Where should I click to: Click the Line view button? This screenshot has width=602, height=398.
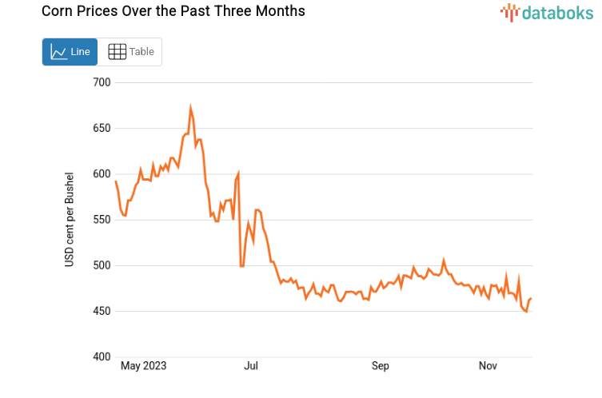pyautogui.click(x=70, y=52)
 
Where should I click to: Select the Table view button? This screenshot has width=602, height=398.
pyautogui.click(x=130, y=52)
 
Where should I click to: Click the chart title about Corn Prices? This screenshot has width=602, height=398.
pyautogui.click(x=173, y=12)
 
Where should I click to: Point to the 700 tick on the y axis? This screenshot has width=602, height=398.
pyautogui.click(x=101, y=82)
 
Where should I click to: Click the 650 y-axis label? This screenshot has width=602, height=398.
pyautogui.click(x=101, y=128)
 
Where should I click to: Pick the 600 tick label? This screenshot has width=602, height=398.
pyautogui.click(x=101, y=174)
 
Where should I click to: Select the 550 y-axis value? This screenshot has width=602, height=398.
pyautogui.click(x=101, y=220)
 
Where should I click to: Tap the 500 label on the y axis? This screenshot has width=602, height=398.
pyautogui.click(x=101, y=265)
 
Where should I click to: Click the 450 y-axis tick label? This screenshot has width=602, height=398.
pyautogui.click(x=101, y=311)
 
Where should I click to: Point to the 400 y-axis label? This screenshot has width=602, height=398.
pyautogui.click(x=101, y=357)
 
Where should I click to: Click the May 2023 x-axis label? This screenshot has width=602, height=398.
pyautogui.click(x=143, y=366)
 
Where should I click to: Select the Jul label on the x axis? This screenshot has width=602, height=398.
pyautogui.click(x=251, y=366)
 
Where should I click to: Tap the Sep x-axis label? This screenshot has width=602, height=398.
pyautogui.click(x=381, y=366)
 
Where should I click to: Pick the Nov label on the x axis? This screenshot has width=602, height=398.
pyautogui.click(x=488, y=366)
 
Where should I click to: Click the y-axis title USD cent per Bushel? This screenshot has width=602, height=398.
pyautogui.click(x=70, y=219)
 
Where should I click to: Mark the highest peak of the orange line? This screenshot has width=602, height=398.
pyautogui.click(x=190, y=107)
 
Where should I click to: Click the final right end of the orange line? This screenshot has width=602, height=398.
pyautogui.click(x=531, y=299)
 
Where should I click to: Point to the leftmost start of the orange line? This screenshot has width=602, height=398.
pyautogui.click(x=116, y=181)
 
